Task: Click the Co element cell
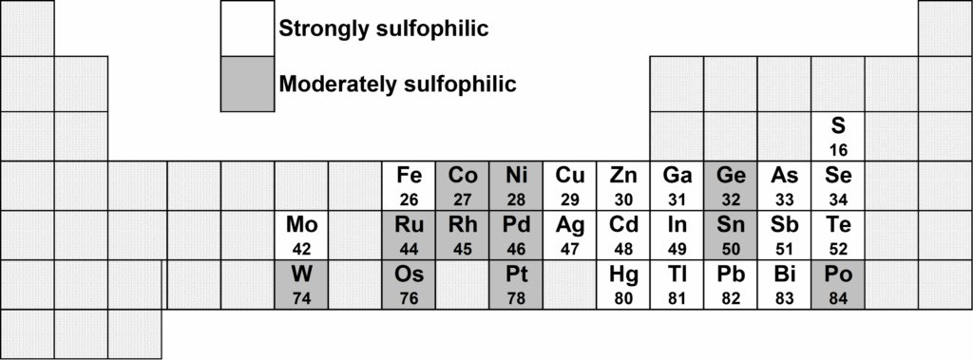pyautogui.click(x=463, y=186)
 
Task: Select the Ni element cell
pyautogui.click(x=516, y=186)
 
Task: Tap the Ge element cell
pyautogui.click(x=731, y=186)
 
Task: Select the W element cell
pyautogui.click(x=301, y=284)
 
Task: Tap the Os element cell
pyautogui.click(x=409, y=284)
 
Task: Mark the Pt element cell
pyautogui.click(x=516, y=284)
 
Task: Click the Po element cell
pyautogui.click(x=838, y=284)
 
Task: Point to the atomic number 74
pyautogui.click(x=301, y=298)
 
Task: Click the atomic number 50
pyautogui.click(x=731, y=250)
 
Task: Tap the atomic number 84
pyautogui.click(x=838, y=298)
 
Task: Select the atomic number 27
pyautogui.click(x=463, y=200)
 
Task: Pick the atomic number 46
pyautogui.click(x=516, y=250)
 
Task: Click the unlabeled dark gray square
pyautogui.click(x=247, y=84)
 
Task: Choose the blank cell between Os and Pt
pyautogui.click(x=463, y=284)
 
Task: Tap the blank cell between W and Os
pyautogui.click(x=355, y=284)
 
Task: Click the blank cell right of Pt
pyautogui.click(x=570, y=284)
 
